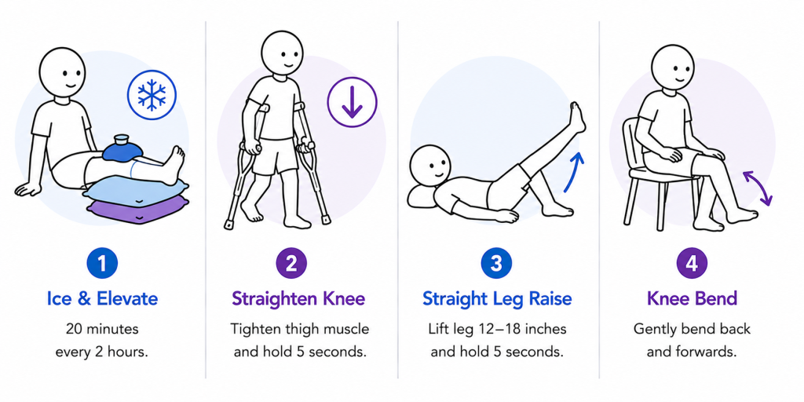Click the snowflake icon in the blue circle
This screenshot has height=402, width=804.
(x=152, y=95)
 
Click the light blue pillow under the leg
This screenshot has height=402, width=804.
(x=136, y=190)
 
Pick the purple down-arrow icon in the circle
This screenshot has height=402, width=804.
(x=352, y=101)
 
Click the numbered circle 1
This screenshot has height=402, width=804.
(x=102, y=263)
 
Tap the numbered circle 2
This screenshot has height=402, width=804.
(x=291, y=263)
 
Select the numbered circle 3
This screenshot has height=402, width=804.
(x=496, y=263)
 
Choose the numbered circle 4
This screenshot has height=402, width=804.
(x=692, y=263)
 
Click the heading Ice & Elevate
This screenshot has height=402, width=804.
(x=102, y=298)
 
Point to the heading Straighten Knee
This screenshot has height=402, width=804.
(x=298, y=298)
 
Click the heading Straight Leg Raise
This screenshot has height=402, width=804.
(x=497, y=298)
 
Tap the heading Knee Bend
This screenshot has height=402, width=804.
(x=692, y=298)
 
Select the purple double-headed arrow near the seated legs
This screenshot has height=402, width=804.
(x=758, y=188)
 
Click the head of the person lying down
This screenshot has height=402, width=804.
(x=429, y=165)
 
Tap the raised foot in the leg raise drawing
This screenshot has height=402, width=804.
(x=577, y=117)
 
